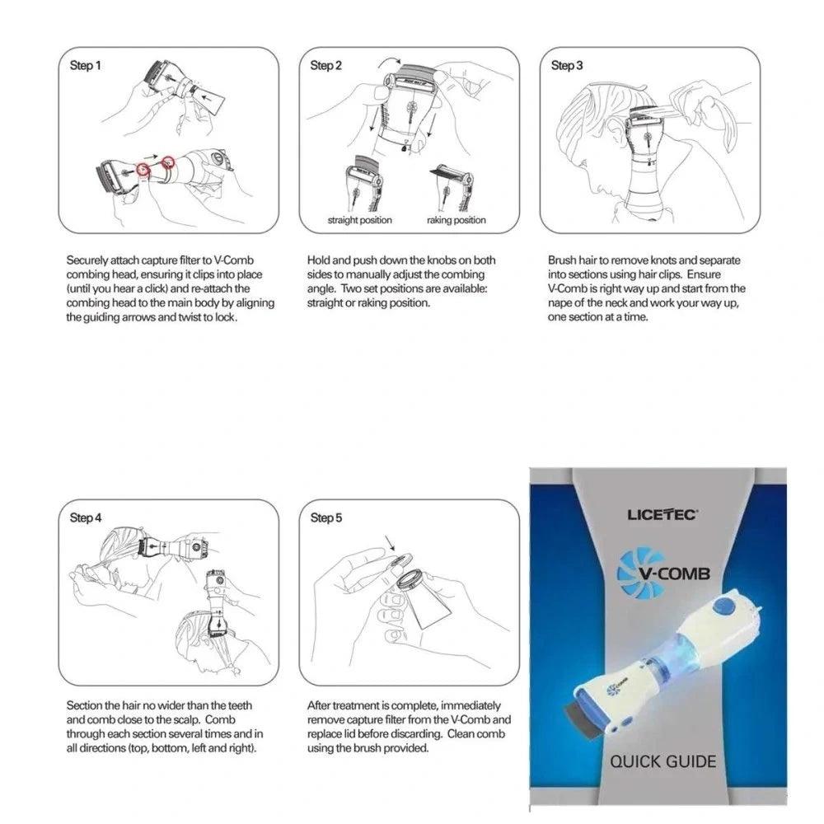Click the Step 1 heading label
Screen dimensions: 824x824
coord(86,65)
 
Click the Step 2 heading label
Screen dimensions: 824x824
coord(325,65)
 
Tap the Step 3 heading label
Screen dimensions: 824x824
coord(567,65)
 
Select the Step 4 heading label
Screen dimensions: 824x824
coord(86,518)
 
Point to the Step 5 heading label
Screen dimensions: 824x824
coord(325,518)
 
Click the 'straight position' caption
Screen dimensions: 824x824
coord(359,220)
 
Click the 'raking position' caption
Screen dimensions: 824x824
coord(456,220)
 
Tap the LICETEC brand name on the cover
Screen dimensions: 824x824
coord(662,515)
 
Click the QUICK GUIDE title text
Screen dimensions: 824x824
coord(662,761)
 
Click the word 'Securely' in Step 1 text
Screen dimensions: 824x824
coord(86,260)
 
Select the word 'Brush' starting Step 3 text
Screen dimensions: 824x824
coord(562,260)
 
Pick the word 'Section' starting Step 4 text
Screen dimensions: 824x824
coord(84,706)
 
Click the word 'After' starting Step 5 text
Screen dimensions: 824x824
coord(320,706)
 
